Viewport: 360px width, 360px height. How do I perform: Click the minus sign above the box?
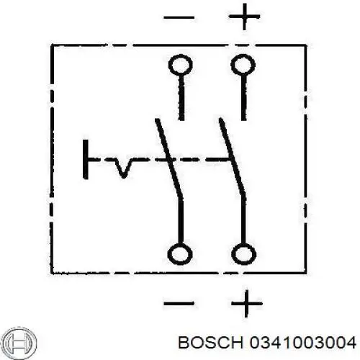click(x=179, y=17)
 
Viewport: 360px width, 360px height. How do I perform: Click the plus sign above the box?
click(x=244, y=17)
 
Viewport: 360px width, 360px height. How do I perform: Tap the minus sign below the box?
click(x=179, y=303)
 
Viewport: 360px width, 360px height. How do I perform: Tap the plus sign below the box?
click(x=246, y=304)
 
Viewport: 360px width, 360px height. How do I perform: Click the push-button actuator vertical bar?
click(x=85, y=159)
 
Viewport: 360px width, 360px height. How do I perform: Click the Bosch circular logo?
click(x=21, y=342)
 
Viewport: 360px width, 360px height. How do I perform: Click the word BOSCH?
click(x=211, y=342)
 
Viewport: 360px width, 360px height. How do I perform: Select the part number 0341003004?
click(x=302, y=342)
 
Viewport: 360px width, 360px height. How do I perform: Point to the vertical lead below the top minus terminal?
click(x=181, y=98)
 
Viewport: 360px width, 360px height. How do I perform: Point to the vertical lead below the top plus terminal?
click(x=243, y=98)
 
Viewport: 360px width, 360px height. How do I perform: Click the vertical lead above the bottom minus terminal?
click(x=181, y=221)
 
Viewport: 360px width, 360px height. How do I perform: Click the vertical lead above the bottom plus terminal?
click(x=243, y=221)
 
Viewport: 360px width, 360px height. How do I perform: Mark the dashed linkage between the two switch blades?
click(x=200, y=159)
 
